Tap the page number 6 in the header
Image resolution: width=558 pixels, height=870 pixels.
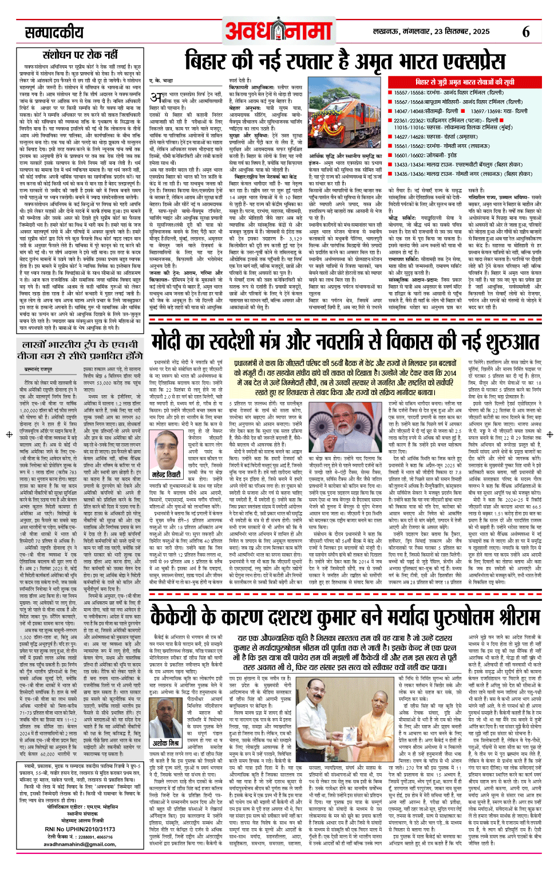[526, 32]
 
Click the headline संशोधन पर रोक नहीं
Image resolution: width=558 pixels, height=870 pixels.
[80, 55]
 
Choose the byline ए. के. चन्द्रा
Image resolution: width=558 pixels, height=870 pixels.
[161, 81]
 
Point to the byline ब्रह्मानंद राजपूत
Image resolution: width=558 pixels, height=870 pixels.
[39, 370]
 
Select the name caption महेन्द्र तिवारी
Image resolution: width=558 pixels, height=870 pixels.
[166, 475]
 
